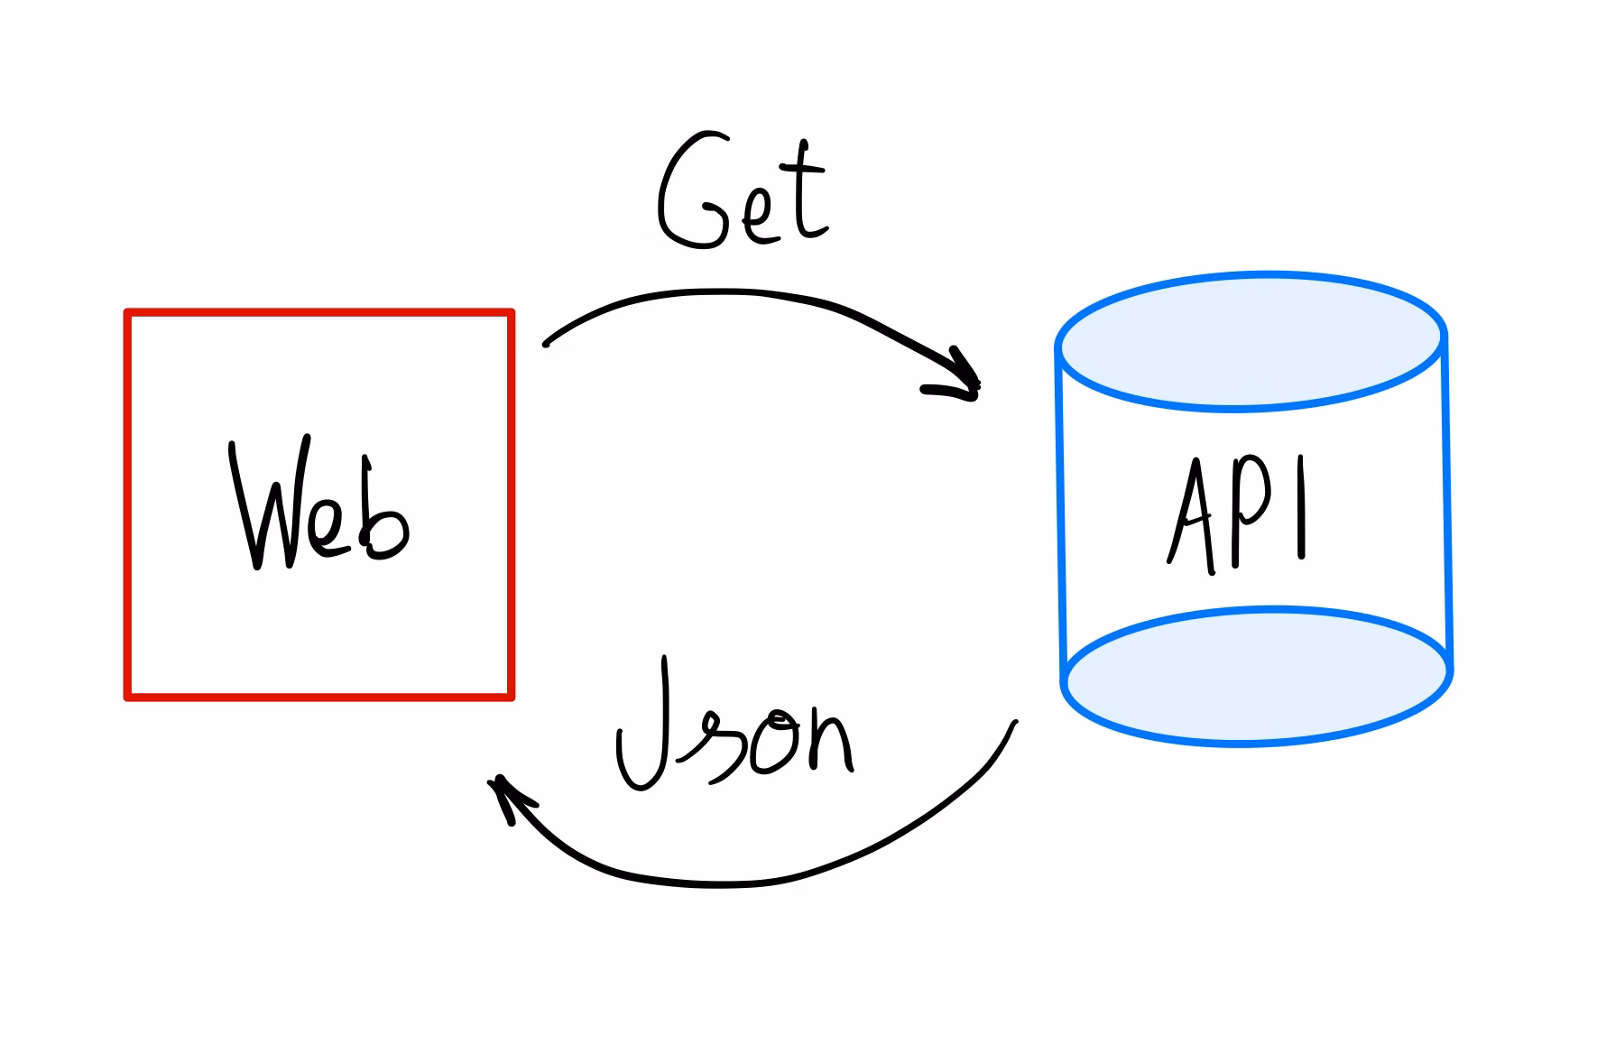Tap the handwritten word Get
(x=743, y=191)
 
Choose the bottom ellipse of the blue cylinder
(x=1257, y=676)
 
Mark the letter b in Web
(x=385, y=511)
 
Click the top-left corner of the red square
(x=127, y=312)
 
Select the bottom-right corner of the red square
(x=512, y=698)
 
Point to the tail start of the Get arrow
(x=545, y=344)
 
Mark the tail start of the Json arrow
(x=1017, y=721)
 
